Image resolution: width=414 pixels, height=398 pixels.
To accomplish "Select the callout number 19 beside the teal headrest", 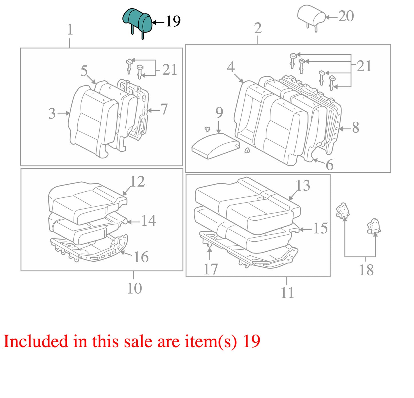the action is tap(173, 21).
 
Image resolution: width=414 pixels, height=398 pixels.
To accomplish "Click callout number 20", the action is tap(346, 16).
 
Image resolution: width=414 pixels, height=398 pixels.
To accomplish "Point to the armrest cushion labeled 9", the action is tap(216, 146).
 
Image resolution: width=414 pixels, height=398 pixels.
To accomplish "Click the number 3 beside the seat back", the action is tap(52, 113).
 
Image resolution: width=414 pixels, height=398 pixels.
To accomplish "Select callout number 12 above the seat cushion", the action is tap(137, 182).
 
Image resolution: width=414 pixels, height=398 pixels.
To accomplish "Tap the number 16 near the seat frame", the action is tap(141, 257).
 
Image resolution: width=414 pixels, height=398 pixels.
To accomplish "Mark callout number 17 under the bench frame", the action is tap(211, 269).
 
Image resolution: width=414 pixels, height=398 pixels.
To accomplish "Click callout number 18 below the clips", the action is tap(366, 270).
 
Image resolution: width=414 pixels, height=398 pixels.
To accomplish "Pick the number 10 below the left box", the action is tap(134, 288).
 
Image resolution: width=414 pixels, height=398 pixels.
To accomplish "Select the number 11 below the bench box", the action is tap(288, 292).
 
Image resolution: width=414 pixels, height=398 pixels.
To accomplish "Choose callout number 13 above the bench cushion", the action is tap(303, 185).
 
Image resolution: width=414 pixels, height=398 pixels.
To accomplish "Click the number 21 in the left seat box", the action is tap(170, 69).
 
